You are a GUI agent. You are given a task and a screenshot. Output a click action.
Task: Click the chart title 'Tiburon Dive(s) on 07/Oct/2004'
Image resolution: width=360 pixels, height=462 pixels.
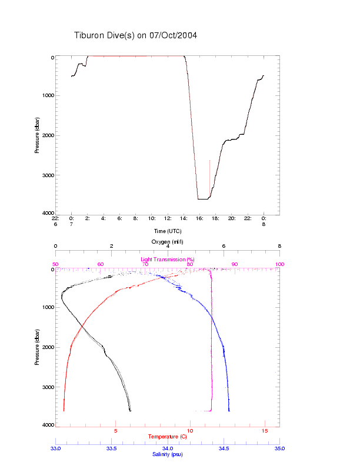[x=135, y=35]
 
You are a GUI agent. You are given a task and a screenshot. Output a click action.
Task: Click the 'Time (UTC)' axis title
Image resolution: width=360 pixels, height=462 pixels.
[x=168, y=231]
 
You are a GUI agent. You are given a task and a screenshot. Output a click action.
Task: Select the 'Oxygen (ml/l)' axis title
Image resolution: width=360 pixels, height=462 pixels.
[x=168, y=242]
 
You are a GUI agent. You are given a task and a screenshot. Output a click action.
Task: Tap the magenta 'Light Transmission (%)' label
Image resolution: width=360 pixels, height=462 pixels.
[x=168, y=260]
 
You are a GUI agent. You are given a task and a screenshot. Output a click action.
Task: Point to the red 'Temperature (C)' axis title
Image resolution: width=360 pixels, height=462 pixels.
[x=168, y=437]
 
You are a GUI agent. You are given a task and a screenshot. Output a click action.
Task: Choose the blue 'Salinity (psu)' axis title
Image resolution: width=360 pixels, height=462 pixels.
[x=168, y=454]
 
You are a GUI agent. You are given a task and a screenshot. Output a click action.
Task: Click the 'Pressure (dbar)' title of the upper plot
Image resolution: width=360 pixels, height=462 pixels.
[x=37, y=135]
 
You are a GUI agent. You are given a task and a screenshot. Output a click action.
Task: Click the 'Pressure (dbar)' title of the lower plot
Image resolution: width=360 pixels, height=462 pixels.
[x=37, y=347]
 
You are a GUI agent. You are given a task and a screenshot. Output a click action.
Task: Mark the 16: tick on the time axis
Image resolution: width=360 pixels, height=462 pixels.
[x=200, y=218]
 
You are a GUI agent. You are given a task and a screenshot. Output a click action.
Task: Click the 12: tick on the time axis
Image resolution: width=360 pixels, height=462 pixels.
[x=168, y=218]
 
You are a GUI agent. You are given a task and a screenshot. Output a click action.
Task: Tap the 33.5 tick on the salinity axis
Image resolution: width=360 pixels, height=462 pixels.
[x=111, y=448]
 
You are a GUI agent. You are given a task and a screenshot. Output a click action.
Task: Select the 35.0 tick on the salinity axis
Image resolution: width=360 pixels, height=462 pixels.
[x=279, y=448]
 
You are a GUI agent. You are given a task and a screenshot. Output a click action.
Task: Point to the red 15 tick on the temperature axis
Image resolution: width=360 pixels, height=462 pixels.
[x=265, y=431]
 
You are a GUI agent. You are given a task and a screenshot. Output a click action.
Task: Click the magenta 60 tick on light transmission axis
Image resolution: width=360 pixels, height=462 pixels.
[x=100, y=264]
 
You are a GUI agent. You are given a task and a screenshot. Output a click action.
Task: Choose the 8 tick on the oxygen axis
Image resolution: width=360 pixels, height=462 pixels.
[x=279, y=247]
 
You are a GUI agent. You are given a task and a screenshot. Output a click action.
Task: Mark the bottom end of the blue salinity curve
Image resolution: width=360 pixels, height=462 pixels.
[x=229, y=410]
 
